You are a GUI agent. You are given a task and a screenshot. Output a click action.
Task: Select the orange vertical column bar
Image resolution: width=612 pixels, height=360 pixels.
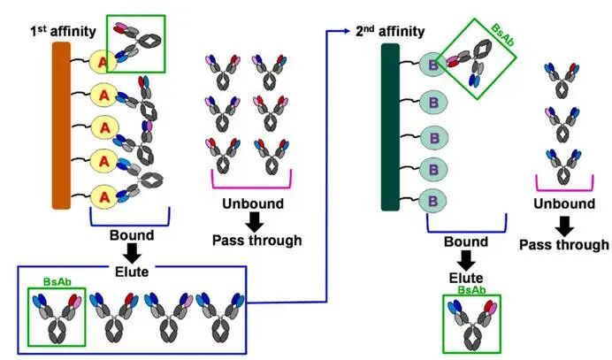tap(61, 125)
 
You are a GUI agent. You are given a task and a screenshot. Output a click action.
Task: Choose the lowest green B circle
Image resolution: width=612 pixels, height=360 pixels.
tap(433, 199)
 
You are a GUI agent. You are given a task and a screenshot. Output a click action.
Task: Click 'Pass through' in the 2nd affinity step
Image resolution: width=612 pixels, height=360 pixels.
tap(562, 245)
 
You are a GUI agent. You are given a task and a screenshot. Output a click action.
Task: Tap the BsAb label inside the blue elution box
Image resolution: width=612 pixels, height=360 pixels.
tap(56, 283)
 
